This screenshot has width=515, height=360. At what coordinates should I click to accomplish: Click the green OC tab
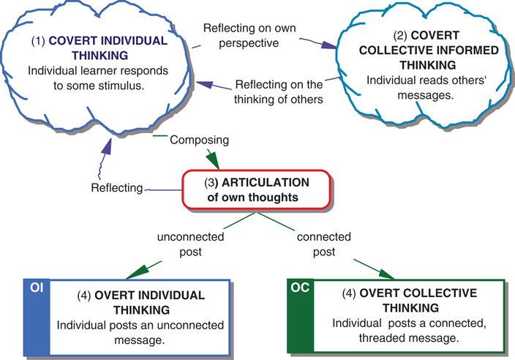[300, 288]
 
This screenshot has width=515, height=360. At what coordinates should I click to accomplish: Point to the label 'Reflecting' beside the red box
[116, 188]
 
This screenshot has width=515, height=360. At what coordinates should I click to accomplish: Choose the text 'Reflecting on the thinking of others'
[279, 89]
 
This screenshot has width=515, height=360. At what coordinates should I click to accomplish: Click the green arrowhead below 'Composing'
[213, 160]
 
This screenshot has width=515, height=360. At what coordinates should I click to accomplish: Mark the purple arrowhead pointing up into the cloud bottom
[108, 149]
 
